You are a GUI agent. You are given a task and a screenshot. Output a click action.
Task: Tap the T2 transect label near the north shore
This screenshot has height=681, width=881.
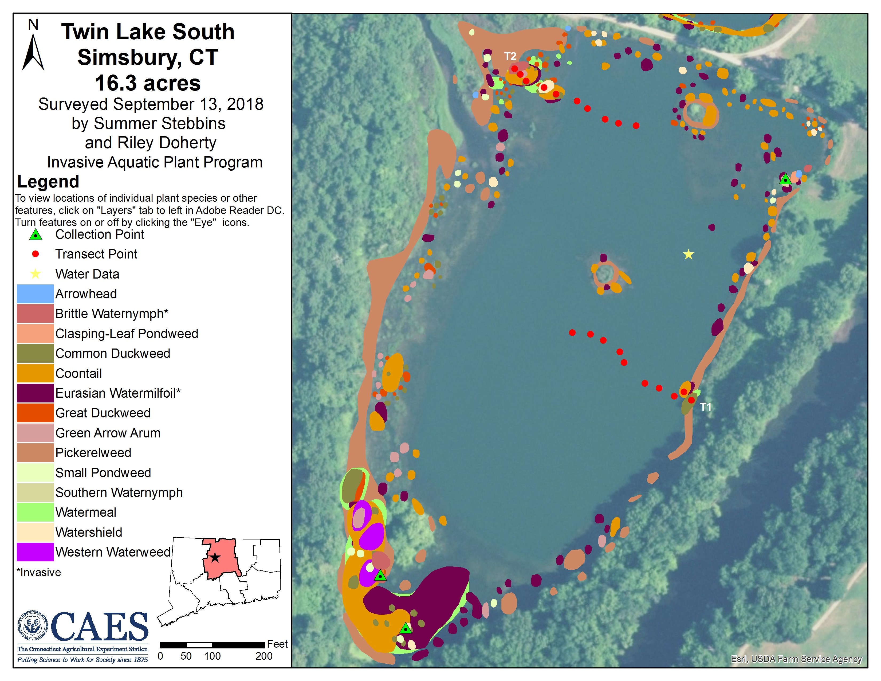[x=510, y=56]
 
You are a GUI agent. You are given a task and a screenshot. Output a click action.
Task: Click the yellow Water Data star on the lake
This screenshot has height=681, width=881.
[x=688, y=254]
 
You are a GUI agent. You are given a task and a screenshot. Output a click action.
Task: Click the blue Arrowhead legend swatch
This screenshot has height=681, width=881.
[x=35, y=294]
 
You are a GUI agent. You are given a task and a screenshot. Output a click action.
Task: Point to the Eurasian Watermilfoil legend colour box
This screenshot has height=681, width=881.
[x=35, y=393]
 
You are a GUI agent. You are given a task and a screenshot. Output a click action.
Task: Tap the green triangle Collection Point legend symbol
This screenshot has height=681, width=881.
[x=36, y=234]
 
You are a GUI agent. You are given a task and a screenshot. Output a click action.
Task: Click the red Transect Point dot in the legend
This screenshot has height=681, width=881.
[x=36, y=254]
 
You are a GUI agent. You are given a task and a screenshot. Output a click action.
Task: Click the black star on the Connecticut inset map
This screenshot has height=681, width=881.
[x=215, y=558]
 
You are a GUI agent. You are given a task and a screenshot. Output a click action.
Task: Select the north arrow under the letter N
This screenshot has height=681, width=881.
[x=33, y=52]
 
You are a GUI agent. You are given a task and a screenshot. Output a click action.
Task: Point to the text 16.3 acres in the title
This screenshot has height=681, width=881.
[x=148, y=83]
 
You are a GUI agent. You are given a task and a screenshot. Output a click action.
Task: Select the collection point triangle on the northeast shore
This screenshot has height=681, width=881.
[x=785, y=179]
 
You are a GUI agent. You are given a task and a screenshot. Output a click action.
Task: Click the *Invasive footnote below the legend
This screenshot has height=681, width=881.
[x=39, y=572]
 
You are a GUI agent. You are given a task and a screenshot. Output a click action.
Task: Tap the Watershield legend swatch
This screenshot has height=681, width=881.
[x=35, y=532]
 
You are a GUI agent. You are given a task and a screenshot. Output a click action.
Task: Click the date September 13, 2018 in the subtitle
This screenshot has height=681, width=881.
[x=188, y=104]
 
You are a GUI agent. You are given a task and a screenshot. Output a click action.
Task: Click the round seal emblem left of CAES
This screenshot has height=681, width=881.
[x=33, y=626]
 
